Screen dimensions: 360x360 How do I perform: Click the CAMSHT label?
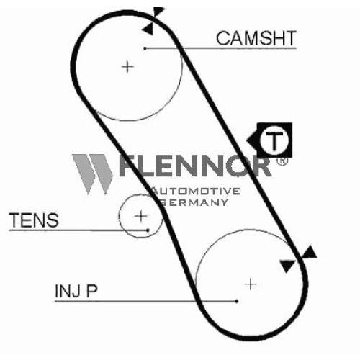(256, 38)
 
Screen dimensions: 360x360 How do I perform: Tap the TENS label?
(34, 220)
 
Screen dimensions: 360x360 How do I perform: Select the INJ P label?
(76, 291)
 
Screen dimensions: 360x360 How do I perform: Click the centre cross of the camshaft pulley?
(127, 66)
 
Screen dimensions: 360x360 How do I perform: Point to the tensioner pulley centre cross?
(141, 216)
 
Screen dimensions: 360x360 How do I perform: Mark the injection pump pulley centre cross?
(251, 284)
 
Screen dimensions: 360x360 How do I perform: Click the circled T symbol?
(274, 140)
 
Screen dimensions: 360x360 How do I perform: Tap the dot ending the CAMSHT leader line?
(145, 48)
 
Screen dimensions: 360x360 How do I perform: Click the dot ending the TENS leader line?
(148, 230)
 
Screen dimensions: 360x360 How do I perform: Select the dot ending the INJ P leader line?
(237, 301)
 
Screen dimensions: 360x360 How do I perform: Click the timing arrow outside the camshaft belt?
(158, 12)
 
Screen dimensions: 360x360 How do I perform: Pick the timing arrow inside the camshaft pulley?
(148, 29)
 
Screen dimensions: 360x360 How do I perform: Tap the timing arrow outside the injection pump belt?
(310, 253)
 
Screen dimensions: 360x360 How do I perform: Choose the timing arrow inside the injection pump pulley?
(287, 266)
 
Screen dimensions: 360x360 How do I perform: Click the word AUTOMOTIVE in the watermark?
(196, 191)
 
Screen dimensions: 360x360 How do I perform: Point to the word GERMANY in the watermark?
(194, 202)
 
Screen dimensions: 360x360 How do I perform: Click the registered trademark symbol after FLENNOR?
(282, 161)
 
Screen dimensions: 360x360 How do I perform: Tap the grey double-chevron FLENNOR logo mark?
(92, 174)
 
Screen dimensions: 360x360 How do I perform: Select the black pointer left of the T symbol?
(253, 140)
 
